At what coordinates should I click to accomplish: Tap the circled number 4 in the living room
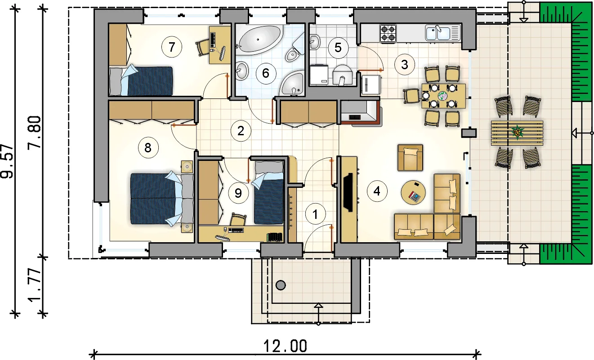click(x=377, y=191)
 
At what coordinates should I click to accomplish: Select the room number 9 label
click(x=238, y=193)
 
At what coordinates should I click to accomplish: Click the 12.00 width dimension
click(x=286, y=346)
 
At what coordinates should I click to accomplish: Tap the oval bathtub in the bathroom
click(x=259, y=40)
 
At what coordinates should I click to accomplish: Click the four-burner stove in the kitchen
click(x=389, y=32)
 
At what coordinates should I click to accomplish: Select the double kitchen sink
click(x=443, y=32)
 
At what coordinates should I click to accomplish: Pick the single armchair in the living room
click(x=410, y=157)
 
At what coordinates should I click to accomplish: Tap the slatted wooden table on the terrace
click(x=517, y=133)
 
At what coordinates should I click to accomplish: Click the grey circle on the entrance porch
click(x=281, y=284)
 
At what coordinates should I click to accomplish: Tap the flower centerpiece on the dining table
click(x=442, y=96)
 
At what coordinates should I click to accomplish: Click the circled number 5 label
click(x=337, y=47)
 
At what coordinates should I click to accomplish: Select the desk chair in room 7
click(x=203, y=47)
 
